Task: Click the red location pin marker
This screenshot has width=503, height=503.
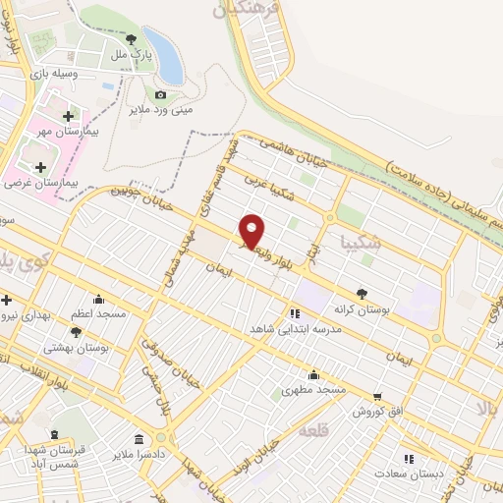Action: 252,230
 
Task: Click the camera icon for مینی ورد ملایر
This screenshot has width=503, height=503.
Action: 160,95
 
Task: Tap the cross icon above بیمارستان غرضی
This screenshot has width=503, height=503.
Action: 40,167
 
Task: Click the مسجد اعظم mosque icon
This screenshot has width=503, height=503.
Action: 98,299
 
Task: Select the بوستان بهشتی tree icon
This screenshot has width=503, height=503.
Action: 77,333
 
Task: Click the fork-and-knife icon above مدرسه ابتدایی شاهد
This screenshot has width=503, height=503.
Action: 294,314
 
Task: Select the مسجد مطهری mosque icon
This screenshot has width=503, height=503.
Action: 313,374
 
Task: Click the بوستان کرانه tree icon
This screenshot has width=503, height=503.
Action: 362,293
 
